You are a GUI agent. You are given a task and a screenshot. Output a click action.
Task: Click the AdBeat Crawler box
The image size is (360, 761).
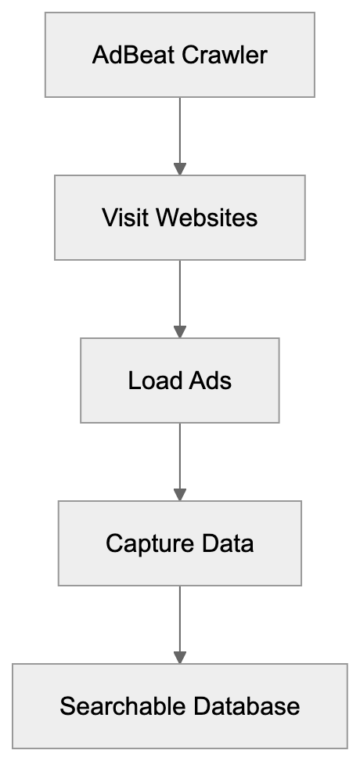(179, 54)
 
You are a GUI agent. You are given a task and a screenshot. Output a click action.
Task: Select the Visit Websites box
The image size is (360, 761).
(179, 217)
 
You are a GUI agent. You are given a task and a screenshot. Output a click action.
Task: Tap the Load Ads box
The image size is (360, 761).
(179, 380)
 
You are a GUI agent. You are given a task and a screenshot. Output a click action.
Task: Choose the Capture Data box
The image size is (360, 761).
(179, 543)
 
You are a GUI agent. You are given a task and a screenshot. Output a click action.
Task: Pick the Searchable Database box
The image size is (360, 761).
(179, 705)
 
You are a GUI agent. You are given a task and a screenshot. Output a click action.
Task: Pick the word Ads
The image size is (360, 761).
(211, 380)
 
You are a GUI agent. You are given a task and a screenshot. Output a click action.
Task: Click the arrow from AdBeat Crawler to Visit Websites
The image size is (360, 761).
(179, 133)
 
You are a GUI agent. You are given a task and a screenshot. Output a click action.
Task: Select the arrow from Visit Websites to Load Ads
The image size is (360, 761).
(179, 296)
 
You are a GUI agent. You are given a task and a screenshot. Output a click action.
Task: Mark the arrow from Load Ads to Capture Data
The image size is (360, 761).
(179, 459)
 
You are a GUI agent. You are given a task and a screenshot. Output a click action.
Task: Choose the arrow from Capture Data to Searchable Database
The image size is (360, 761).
(179, 622)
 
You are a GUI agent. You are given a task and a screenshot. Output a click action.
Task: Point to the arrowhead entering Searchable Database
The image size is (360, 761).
(179, 657)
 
